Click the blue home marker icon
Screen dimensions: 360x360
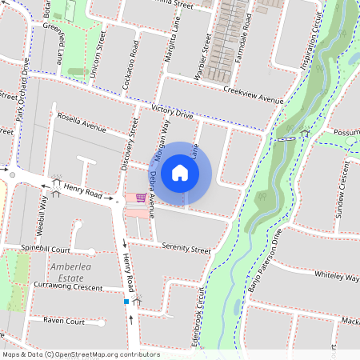[180, 173]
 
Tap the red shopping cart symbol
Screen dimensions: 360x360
[141, 198]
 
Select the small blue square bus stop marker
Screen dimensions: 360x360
[126, 302]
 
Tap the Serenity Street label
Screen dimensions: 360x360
[186, 248]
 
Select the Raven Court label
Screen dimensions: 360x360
[64, 321]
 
